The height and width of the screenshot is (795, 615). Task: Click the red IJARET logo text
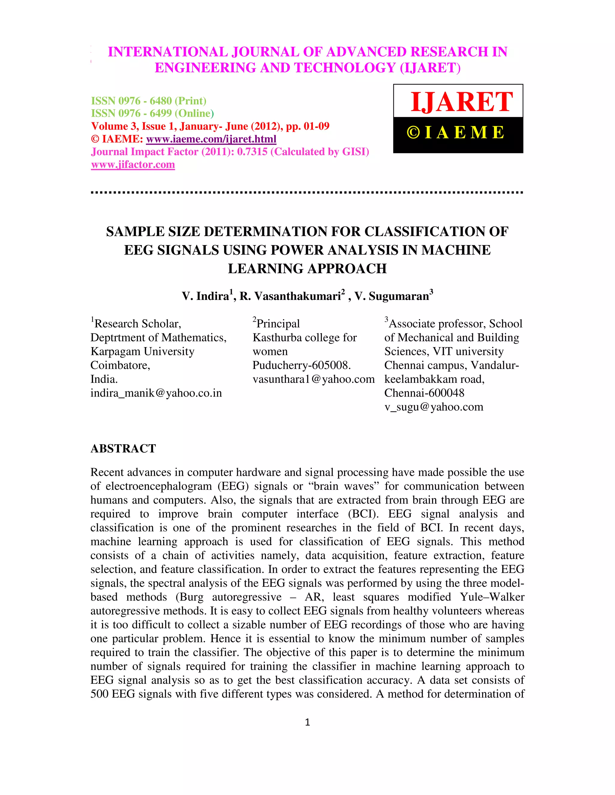coord(462,102)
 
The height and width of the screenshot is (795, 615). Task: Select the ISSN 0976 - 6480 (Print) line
coord(149,101)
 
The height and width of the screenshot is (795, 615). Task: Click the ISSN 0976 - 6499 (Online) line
coord(152,114)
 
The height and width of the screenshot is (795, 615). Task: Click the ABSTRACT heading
coord(123,448)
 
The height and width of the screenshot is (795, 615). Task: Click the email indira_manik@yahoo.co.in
coord(156,393)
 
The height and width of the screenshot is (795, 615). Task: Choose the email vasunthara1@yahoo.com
coord(314,379)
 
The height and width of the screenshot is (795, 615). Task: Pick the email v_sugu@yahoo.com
coord(434,407)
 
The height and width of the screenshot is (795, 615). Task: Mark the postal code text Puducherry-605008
coord(302,365)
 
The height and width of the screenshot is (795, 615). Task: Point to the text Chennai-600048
coord(424,393)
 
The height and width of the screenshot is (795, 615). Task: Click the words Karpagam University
coord(142,352)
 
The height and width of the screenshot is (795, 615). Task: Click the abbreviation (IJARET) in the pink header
coord(430,68)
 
